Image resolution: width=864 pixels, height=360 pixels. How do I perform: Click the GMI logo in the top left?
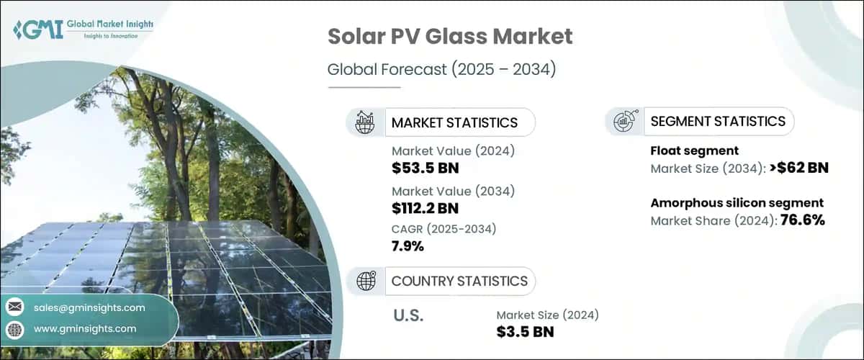pos(83,30)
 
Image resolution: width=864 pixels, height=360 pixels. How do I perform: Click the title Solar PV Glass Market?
pos(450,38)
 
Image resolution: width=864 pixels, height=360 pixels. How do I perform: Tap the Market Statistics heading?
pos(454,122)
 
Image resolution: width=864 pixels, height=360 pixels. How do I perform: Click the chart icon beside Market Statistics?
pos(365,122)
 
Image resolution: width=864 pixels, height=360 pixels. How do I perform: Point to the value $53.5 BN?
pos(425,168)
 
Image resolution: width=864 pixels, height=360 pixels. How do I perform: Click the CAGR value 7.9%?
pos(408,246)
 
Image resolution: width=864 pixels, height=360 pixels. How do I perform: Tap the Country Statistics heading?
pos(459,281)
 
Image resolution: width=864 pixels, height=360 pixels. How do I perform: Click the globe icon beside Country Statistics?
pos(365,281)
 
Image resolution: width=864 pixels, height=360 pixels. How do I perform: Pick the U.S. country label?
pos(408,315)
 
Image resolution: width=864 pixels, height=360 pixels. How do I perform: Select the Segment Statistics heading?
pos(717,121)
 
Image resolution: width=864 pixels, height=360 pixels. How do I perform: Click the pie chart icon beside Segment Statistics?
pos(624,121)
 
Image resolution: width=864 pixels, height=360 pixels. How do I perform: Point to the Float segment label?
pos(694,150)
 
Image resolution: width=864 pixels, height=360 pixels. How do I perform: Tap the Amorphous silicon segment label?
pos(737,202)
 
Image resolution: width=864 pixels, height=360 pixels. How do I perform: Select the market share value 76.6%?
pos(799,220)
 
